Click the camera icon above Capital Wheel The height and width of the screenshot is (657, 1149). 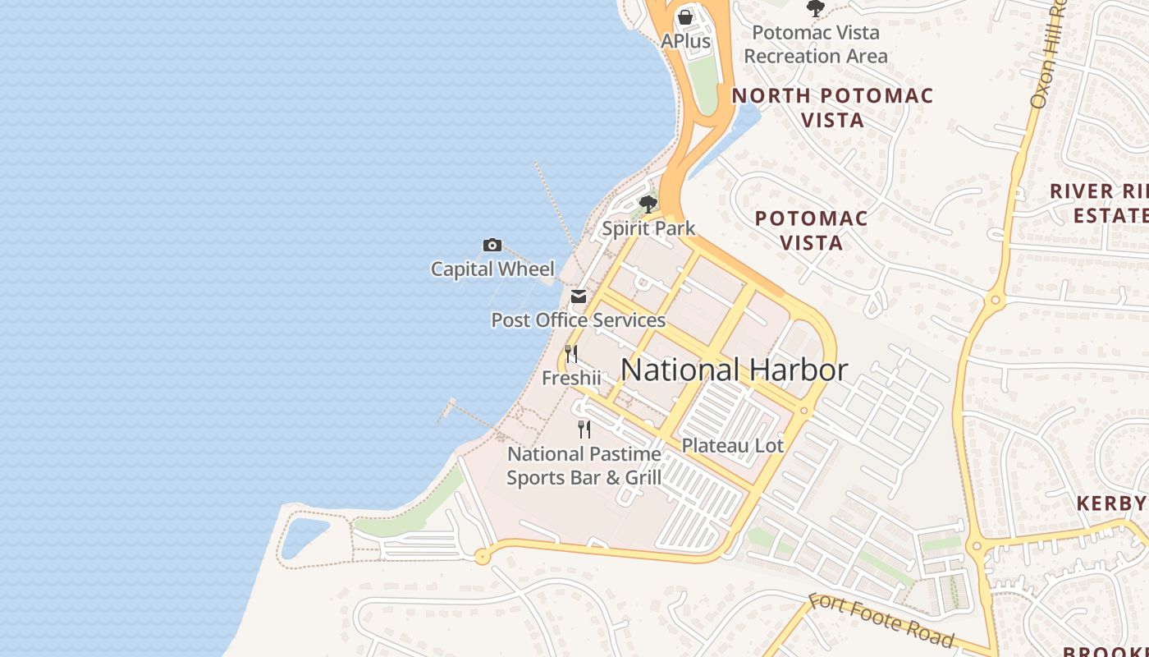coord(492,245)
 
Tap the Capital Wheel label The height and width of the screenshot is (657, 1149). coord(492,269)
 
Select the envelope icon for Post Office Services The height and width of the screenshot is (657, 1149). coord(579,296)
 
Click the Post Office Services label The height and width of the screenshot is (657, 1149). coord(578,320)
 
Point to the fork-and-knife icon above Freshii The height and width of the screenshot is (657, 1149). coord(571,354)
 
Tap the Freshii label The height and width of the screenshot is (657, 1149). coord(571,379)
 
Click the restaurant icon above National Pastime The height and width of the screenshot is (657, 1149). coord(584,429)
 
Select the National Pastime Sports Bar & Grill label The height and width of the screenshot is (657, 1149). coord(584,466)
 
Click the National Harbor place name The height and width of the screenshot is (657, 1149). coord(734,370)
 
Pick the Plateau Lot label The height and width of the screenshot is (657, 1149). coord(733,446)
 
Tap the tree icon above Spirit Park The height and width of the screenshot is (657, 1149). coord(648,204)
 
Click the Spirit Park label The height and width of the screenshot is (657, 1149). coord(648,228)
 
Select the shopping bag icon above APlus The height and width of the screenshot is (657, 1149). coord(685,16)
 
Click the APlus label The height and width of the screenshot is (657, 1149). coord(685,40)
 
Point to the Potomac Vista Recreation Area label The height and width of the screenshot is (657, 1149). coord(816,44)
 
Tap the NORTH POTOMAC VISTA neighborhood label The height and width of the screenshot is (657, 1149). coord(832,108)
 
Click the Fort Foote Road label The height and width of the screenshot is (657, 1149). coord(881,620)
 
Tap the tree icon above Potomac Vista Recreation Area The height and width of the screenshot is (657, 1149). coord(815,8)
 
